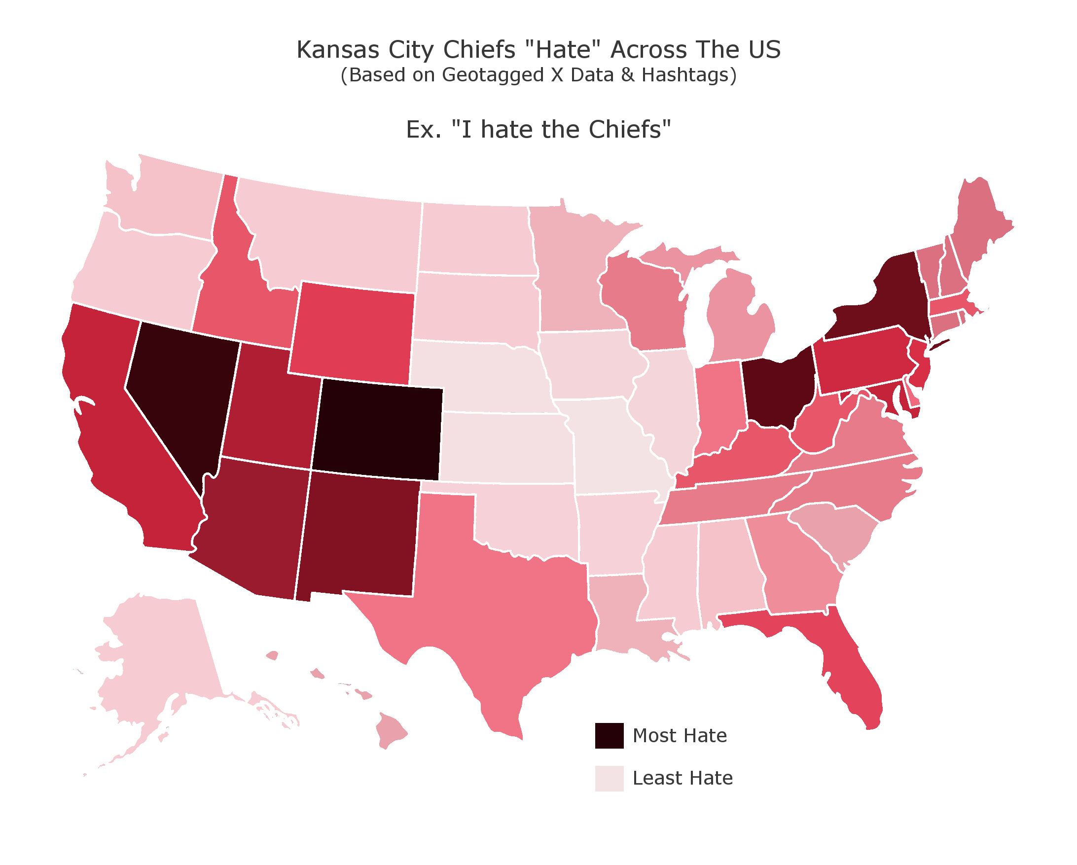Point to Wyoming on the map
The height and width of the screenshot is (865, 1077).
pos(352,332)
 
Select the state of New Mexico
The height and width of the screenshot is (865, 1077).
pos(357,535)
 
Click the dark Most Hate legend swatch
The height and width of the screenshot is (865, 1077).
pos(609,736)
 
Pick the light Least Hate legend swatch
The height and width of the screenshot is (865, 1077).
pos(609,778)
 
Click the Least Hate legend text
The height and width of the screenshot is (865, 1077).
pos(682,778)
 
